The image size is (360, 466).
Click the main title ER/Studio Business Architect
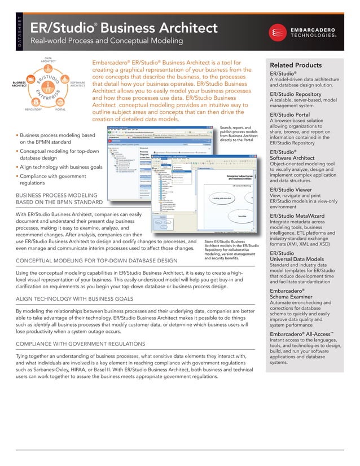point(123,28)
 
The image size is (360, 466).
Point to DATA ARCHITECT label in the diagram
point(48,60)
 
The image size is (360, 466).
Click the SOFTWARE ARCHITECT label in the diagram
point(78,83)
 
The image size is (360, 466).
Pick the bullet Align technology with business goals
point(61,168)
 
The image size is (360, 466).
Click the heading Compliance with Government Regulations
point(80,343)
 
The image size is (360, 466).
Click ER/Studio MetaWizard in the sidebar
point(298,216)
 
